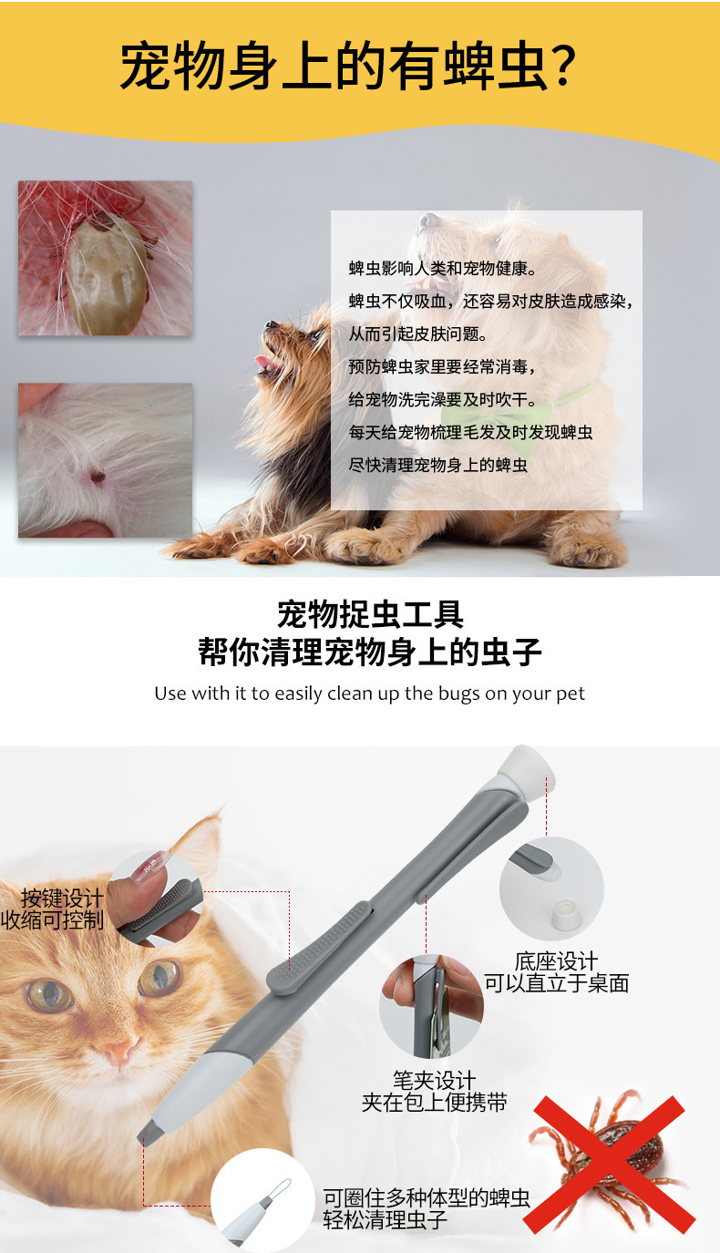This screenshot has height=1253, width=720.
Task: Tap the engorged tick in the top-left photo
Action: [107, 274]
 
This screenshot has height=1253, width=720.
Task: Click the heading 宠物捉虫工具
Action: [370, 614]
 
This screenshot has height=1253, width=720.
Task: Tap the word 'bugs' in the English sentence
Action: [458, 693]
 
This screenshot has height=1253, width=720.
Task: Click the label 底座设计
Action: [556, 961]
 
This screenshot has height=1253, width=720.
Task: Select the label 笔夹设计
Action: [434, 1080]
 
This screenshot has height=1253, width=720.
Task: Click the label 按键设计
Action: [62, 898]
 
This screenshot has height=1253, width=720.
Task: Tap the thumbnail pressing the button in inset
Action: [148, 866]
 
